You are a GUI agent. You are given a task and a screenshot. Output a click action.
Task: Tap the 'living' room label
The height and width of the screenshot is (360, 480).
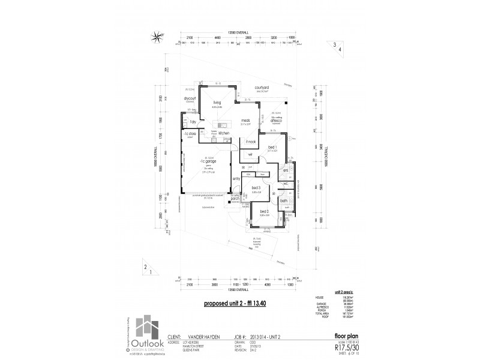coord(216,103)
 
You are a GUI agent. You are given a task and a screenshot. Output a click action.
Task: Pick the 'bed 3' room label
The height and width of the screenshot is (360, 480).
coord(256,189)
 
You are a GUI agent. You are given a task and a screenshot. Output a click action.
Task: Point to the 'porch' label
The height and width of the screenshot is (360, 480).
coord(244,198)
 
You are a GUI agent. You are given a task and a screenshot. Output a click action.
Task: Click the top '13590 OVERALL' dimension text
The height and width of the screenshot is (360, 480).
coord(236,32)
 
